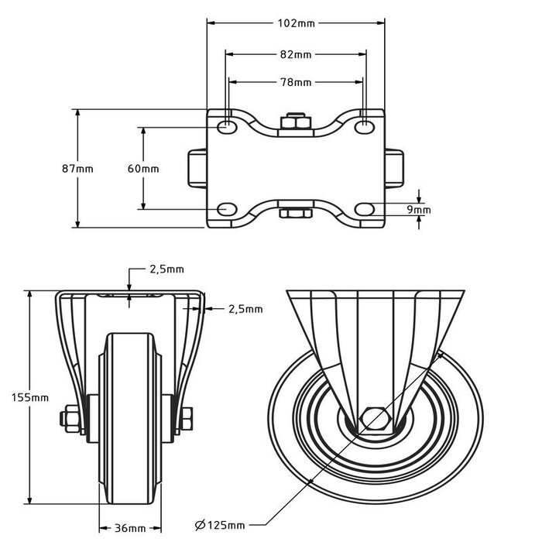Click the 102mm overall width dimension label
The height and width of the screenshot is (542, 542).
[296, 23]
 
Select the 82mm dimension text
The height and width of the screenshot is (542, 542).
[296, 54]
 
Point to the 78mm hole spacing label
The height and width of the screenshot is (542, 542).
[296, 82]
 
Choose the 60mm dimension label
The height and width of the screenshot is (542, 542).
[143, 169]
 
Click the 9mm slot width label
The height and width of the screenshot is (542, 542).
[419, 209]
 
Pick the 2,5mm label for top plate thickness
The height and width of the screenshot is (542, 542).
[166, 269]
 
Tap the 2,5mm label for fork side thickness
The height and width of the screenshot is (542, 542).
[245, 309]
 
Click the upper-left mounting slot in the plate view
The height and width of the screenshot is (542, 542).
[227, 126]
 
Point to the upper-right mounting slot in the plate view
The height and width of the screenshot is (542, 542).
[365, 126]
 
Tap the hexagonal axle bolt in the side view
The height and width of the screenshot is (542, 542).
[376, 417]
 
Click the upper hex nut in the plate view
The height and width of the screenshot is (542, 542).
[295, 122]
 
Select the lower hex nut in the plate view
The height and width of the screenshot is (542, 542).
[295, 213]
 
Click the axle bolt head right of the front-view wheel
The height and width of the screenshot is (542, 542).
[188, 419]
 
